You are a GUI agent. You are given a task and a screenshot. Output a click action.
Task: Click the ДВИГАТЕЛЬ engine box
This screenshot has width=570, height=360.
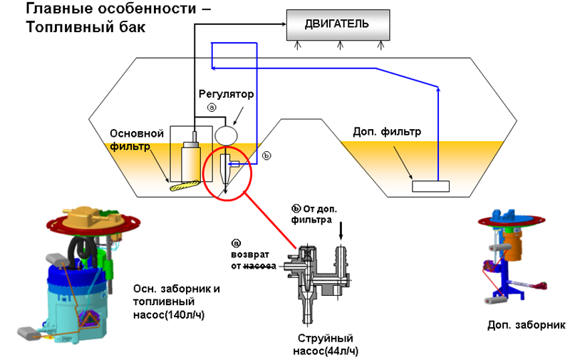tap(338, 24)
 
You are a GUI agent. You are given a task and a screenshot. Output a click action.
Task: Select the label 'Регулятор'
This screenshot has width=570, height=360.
tap(226, 94)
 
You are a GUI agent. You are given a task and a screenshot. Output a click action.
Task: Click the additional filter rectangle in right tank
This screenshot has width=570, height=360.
tap(431, 186)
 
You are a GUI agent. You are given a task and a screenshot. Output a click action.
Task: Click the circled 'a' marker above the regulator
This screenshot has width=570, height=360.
tap(211, 107)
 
